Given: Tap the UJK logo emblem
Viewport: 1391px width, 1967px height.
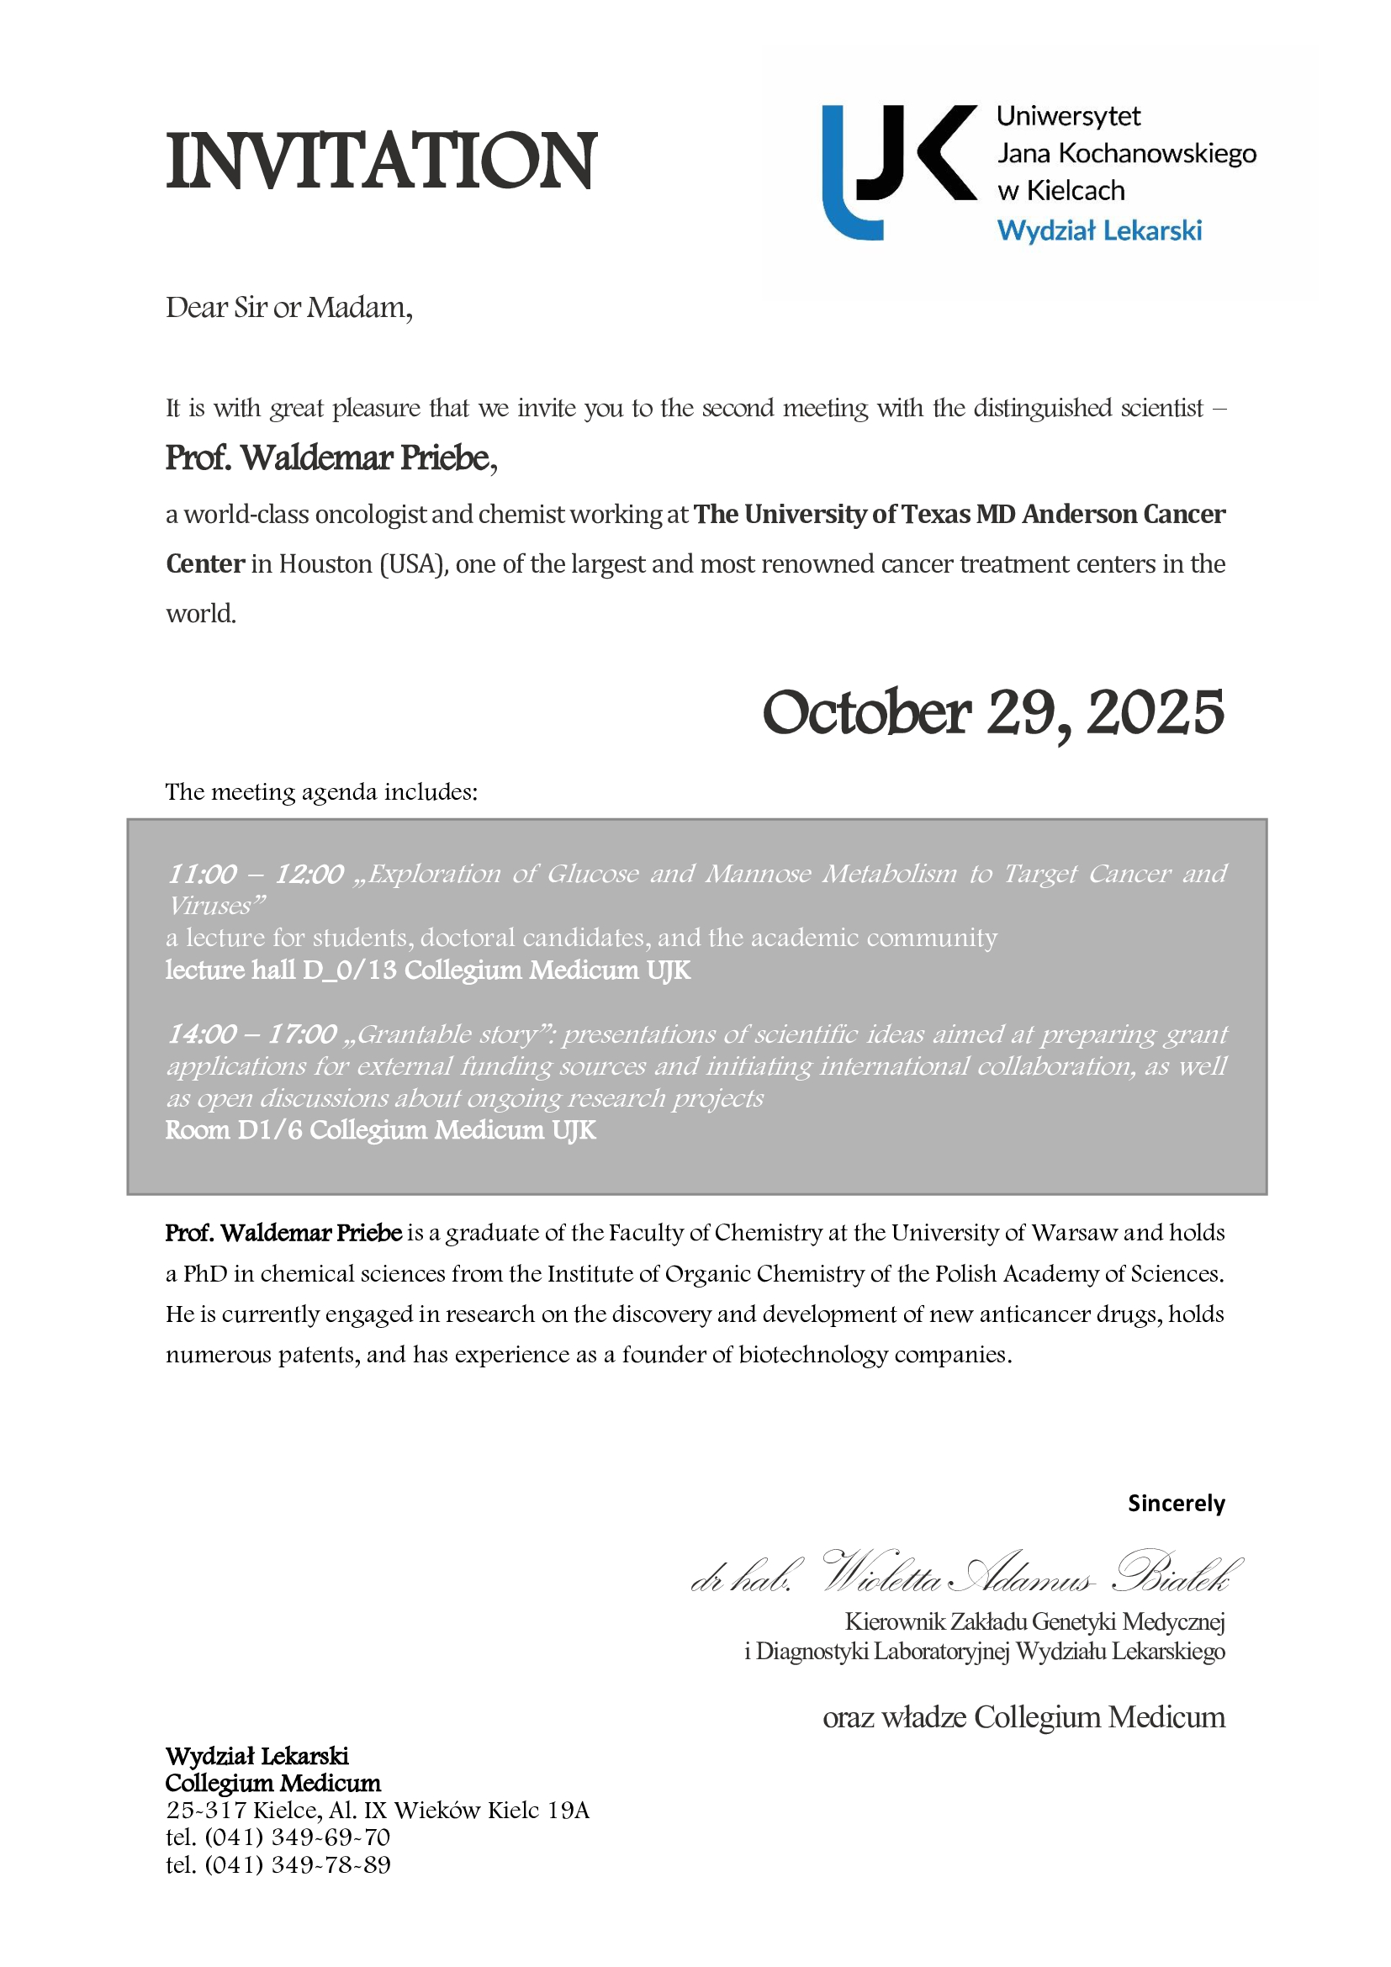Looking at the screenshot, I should [x=898, y=172].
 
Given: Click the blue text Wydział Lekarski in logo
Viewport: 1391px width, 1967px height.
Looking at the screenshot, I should [x=1099, y=230].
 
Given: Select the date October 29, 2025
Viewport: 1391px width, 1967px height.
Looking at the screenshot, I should [x=992, y=713].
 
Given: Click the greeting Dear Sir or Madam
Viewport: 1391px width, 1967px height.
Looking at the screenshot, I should [x=288, y=308].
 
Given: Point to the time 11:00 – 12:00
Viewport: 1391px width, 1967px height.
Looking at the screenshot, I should [x=256, y=874].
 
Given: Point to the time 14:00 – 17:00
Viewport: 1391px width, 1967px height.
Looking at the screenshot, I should [x=251, y=1034].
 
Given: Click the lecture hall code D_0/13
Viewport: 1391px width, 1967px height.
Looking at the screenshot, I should [x=350, y=970].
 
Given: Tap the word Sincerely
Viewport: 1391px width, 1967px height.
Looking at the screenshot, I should [x=1176, y=1503].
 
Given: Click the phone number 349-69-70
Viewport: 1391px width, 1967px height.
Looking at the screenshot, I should [x=331, y=1837].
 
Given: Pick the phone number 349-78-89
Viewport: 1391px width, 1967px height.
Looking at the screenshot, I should [x=331, y=1864].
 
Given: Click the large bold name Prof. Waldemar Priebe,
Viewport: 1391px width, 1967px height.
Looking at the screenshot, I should [x=331, y=458].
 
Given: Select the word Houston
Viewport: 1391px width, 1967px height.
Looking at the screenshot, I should [x=325, y=563].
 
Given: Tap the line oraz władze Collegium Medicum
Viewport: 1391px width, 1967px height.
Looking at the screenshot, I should [x=1023, y=1717].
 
